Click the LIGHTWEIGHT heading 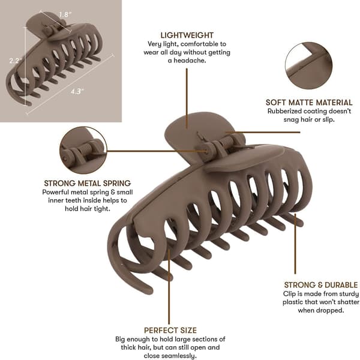(x=187, y=35)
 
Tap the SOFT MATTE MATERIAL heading (x=309, y=103)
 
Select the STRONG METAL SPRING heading (x=88, y=183)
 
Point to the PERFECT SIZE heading (x=170, y=330)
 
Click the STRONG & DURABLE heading (x=321, y=285)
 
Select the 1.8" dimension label (x=65, y=14)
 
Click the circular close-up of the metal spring (x=83, y=150)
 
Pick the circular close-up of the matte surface (x=308, y=65)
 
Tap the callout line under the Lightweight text (x=187, y=98)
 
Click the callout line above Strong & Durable (x=295, y=244)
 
